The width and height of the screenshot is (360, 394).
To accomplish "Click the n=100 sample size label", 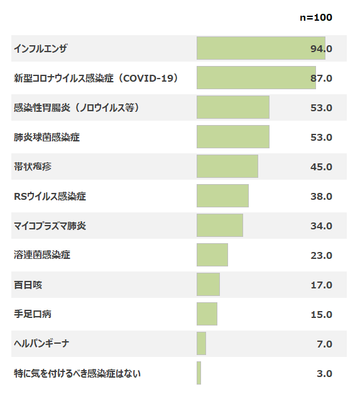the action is pos(316,18).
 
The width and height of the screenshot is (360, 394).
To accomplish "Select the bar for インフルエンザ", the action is pos(261,48).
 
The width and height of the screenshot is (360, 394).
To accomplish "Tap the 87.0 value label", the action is pos(321,78).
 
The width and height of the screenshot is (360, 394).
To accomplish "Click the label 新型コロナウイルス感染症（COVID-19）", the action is pos(96,78).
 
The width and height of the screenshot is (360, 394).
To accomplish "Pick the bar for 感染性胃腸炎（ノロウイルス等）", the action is pos(233,107).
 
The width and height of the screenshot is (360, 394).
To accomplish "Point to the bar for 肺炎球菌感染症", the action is pos(233,137).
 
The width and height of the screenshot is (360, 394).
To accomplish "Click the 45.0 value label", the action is pos(321,167).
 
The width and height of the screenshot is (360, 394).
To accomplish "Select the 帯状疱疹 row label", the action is pos(33,167).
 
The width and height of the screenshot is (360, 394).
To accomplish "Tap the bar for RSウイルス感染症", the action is pos(222,196).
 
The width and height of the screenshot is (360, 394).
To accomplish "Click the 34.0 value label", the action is pos(321,226).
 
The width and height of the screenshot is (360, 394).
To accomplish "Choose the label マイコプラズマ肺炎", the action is pos(50,226).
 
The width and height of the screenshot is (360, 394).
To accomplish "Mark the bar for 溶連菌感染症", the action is pos(212,254).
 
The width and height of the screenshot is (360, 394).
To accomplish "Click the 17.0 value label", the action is pos(321,285).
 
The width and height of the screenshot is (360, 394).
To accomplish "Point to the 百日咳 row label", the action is pos(28,285).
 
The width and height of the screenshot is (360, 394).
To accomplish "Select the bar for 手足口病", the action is pos(207,314).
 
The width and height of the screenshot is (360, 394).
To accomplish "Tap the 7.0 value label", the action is pos(324,344).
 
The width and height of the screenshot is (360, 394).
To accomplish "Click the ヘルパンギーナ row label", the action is pos(41,344).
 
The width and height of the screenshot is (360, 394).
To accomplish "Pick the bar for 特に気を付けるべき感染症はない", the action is pos(199,373).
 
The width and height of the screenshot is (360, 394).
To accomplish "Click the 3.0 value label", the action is pos(324,373).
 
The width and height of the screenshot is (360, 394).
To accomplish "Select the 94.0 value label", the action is pos(321,48).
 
